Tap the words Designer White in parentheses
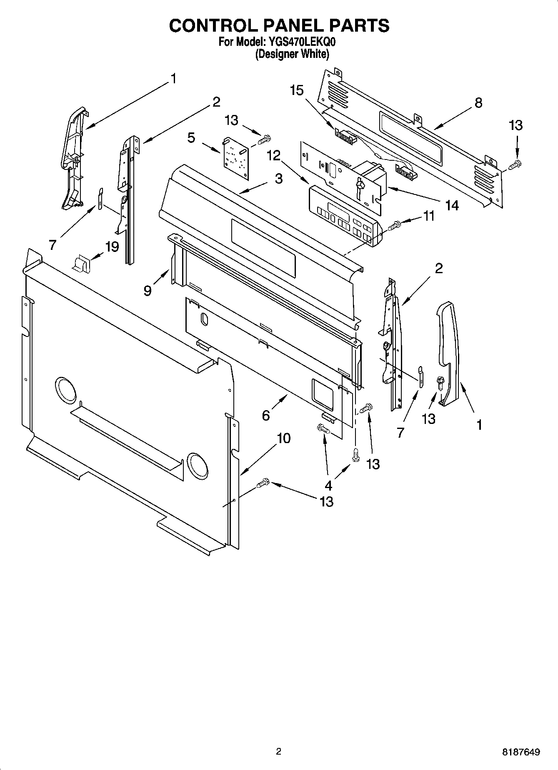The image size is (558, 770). point(292,54)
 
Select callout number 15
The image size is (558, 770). point(297,90)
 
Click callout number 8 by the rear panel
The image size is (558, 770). point(478,102)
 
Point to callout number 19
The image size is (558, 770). point(112,247)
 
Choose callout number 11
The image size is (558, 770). point(429,216)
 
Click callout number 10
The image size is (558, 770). point(283,438)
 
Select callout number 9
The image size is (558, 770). point(148,290)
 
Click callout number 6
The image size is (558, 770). point(266,415)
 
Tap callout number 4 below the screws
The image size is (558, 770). point(328,485)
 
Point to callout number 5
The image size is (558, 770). point(191,138)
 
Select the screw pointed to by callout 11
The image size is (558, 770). point(394,226)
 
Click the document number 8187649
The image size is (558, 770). point(521,752)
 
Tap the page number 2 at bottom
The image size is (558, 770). point(279,752)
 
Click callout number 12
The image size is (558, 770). point(274,155)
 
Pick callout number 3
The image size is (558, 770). point(278,179)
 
